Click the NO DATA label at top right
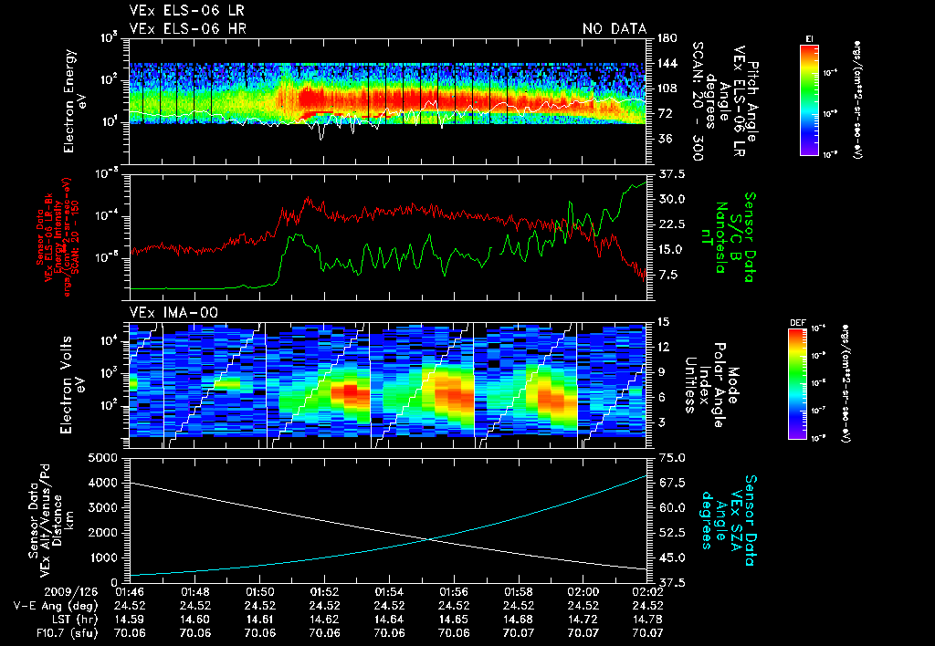(x=614, y=29)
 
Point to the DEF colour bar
(x=809, y=382)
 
